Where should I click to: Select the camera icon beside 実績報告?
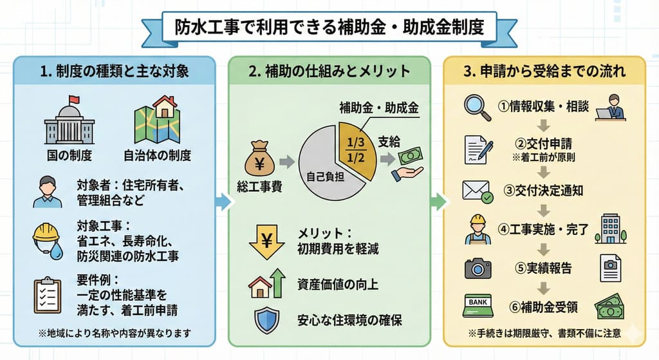[x=478, y=267]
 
